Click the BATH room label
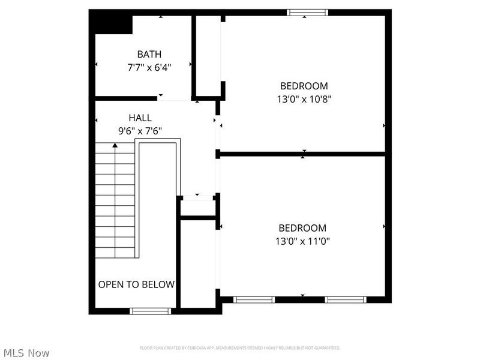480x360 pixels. pyautogui.click(x=149, y=54)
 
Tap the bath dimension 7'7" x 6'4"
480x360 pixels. pyautogui.click(x=149, y=68)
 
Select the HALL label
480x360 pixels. pyautogui.click(x=140, y=118)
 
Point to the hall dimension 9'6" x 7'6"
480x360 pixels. pyautogui.click(x=140, y=131)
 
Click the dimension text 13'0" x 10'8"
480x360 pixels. pyautogui.click(x=304, y=99)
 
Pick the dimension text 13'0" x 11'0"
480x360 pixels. pyautogui.click(x=303, y=241)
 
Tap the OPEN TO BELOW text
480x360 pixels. pyautogui.click(x=136, y=284)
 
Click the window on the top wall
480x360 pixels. pyautogui.click(x=307, y=12)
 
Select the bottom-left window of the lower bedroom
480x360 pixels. pyautogui.click(x=254, y=299)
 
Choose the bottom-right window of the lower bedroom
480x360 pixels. pyautogui.click(x=345, y=299)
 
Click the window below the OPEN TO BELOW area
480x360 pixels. pyautogui.click(x=151, y=311)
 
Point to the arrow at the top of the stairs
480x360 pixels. pyautogui.click(x=115, y=145)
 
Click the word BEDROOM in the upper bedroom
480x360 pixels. pyautogui.click(x=304, y=85)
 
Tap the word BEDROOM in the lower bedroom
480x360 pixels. pyautogui.click(x=302, y=228)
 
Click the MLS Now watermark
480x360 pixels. pyautogui.click(x=25, y=353)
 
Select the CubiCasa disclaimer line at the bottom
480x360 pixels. pyautogui.click(x=239, y=348)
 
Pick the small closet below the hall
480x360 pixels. pyautogui.click(x=198, y=208)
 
